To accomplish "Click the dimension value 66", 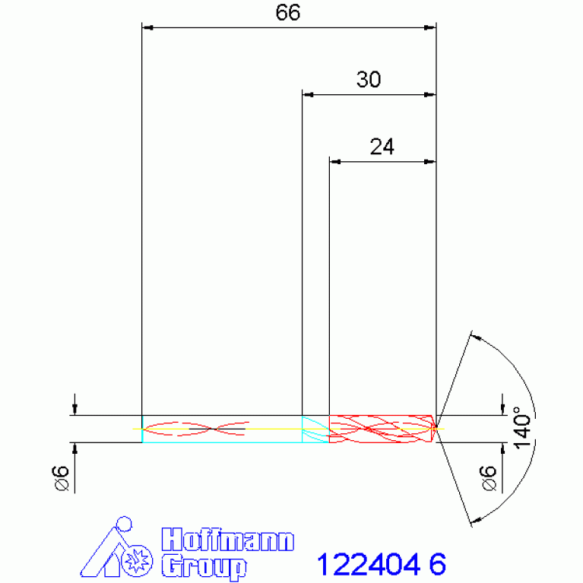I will click(288, 13).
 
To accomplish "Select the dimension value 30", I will click(369, 80).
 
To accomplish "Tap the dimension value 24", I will click(382, 147).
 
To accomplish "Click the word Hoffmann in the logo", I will click(227, 541).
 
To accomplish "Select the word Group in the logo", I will click(204, 566).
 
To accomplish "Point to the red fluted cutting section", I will click(380, 429).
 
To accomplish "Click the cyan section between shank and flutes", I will click(315, 429).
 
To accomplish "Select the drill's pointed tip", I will click(437, 429).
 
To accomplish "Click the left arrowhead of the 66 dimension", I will click(148, 28).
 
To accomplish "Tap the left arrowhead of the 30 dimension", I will click(308, 95).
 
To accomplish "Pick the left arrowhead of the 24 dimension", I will click(334, 162).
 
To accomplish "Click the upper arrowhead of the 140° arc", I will click(476, 336).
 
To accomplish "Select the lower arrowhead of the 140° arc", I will click(476, 521).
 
